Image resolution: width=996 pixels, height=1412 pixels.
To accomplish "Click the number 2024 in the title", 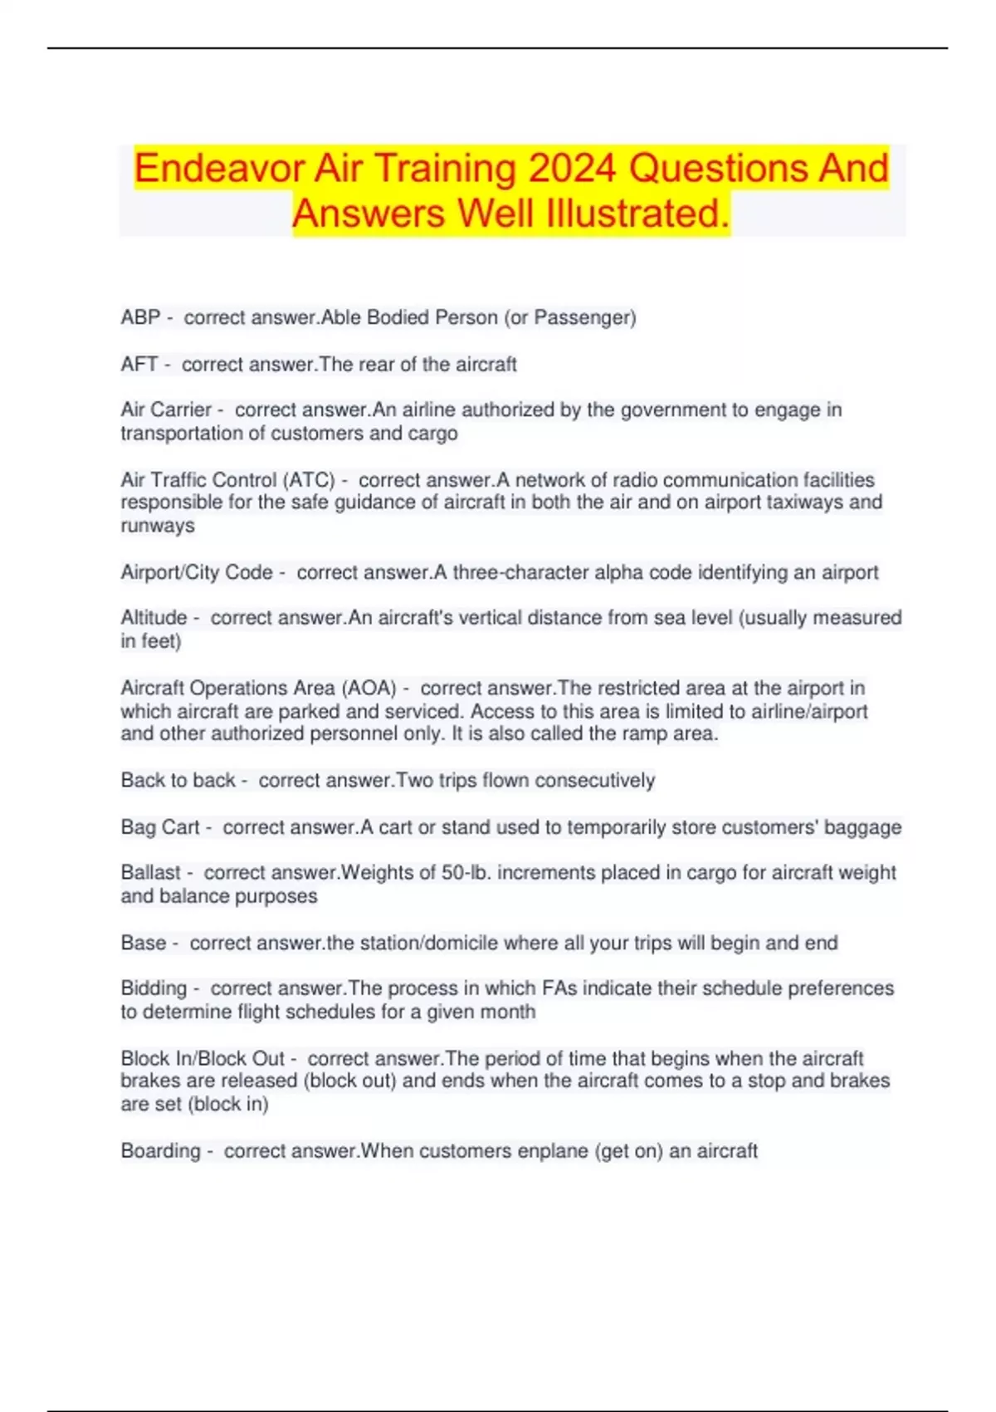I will tap(572, 169).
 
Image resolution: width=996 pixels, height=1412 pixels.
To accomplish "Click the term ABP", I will tap(140, 317).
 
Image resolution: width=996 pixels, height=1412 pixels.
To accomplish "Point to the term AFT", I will tap(139, 365).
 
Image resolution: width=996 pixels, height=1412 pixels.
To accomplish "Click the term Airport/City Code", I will tap(197, 572).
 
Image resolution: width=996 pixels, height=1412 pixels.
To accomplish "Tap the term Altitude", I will tap(154, 618).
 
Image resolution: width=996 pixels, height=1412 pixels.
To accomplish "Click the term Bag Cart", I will tap(160, 827).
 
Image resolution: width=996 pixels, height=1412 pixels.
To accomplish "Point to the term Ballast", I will tap(150, 873).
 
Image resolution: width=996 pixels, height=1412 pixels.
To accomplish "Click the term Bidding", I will tap(154, 988).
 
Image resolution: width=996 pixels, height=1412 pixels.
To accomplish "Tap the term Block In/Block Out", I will tap(203, 1059).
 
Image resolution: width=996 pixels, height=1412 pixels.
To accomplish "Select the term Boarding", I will tap(160, 1151).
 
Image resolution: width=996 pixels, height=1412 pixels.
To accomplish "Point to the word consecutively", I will tap(595, 781).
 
